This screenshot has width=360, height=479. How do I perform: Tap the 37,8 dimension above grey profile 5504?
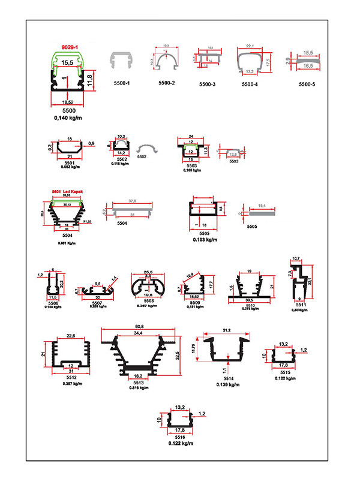(131, 201)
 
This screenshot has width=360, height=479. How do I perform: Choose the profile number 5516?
(180, 437)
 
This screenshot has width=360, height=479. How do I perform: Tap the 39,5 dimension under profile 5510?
(248, 300)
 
